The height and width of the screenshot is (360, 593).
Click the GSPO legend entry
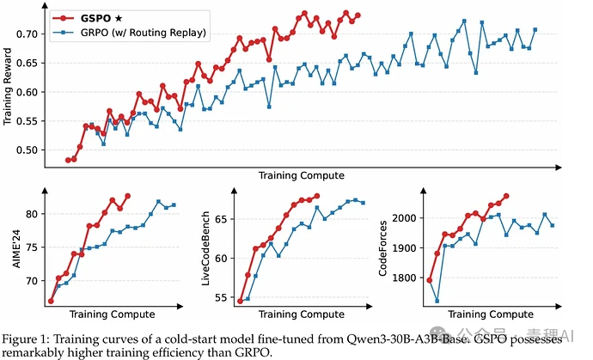tap(88, 18)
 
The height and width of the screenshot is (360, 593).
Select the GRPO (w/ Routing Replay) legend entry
tap(129, 33)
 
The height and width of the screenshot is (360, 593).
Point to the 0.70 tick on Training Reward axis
tap(28, 34)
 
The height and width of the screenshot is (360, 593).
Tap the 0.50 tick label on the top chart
tap(28, 150)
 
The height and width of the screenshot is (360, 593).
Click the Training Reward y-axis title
tap(7, 86)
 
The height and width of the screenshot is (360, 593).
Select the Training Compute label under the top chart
tap(302, 175)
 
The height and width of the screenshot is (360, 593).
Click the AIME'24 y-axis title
tap(16, 248)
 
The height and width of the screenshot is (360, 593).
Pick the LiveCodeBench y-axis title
tap(205, 248)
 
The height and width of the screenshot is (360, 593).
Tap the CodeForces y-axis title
tap(382, 248)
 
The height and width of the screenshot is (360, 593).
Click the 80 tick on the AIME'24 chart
tap(33, 215)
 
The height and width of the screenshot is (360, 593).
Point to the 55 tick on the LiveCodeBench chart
tap(222, 297)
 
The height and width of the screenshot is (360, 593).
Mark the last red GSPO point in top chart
tap(358, 15)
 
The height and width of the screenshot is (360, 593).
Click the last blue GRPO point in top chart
tap(535, 29)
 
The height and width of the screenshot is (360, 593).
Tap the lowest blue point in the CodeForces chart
tap(437, 301)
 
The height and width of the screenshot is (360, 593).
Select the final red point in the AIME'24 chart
tap(128, 196)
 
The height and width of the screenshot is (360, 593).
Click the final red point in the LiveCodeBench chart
tap(317, 196)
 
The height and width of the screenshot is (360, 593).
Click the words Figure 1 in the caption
tap(24, 339)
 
